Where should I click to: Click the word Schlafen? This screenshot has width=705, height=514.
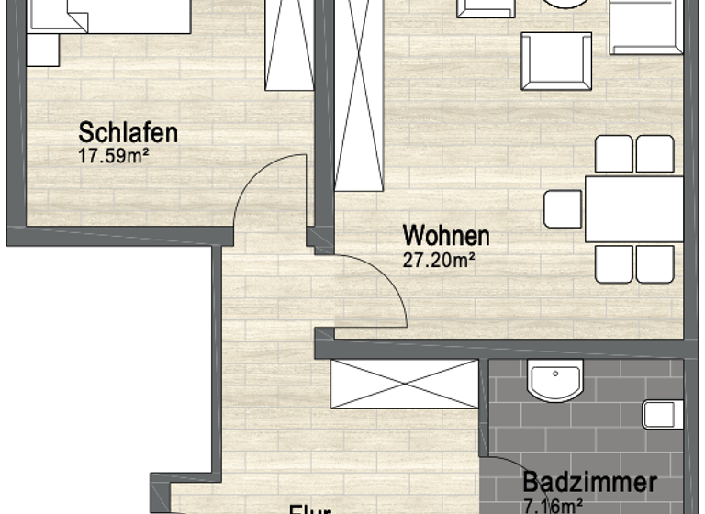(129, 132)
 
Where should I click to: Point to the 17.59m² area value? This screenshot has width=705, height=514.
(114, 156)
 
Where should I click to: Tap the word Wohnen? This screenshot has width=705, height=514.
(446, 236)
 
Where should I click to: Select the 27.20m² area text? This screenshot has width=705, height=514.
(439, 260)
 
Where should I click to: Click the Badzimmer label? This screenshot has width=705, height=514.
(589, 483)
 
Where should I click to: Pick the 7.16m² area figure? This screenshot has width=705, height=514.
(554, 505)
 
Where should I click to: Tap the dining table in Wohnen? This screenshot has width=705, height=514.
(634, 209)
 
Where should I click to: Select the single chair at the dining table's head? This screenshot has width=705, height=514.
(562, 209)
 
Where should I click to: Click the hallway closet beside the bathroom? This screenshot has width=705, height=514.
(404, 385)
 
